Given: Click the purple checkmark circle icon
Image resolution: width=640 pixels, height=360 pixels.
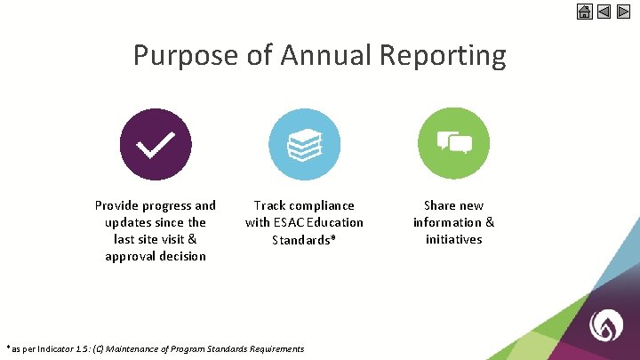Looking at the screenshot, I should click(156, 144).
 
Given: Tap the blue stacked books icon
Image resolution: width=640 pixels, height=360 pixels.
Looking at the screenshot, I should click(304, 144).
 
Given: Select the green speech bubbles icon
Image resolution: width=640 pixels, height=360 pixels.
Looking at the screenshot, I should click(453, 144).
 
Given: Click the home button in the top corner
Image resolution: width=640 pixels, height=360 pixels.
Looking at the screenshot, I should click(584, 12).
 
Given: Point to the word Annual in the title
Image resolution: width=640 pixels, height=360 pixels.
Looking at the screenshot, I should click(326, 55).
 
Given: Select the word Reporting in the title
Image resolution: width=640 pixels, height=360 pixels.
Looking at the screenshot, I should click(443, 55).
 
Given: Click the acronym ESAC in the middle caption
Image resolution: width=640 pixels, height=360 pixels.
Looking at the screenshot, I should click(291, 222).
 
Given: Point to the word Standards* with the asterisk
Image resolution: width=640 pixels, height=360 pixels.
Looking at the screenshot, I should click(304, 239).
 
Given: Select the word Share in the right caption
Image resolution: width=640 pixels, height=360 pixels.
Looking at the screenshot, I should click(441, 205).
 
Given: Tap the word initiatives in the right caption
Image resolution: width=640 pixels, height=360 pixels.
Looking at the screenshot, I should click(453, 239).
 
